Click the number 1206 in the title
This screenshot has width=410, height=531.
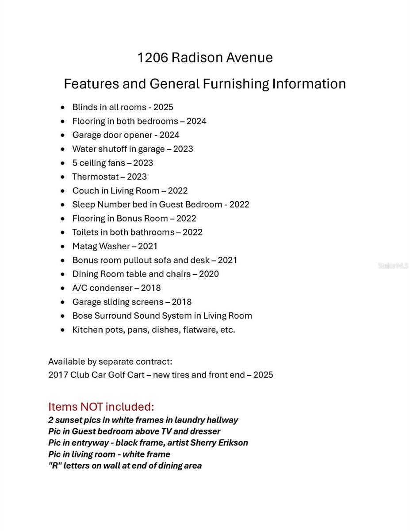click(153, 58)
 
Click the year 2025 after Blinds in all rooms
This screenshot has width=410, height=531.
click(163, 107)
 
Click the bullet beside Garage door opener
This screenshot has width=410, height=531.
click(63, 135)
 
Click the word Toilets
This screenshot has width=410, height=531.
click(86, 232)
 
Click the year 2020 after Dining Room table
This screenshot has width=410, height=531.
click(209, 274)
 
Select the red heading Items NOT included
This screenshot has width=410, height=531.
click(101, 407)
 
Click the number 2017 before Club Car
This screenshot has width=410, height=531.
click(58, 375)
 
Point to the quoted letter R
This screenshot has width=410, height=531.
click(54, 466)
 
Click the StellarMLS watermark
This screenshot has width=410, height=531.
click(393, 266)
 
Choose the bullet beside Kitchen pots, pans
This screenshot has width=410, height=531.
click(63, 330)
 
